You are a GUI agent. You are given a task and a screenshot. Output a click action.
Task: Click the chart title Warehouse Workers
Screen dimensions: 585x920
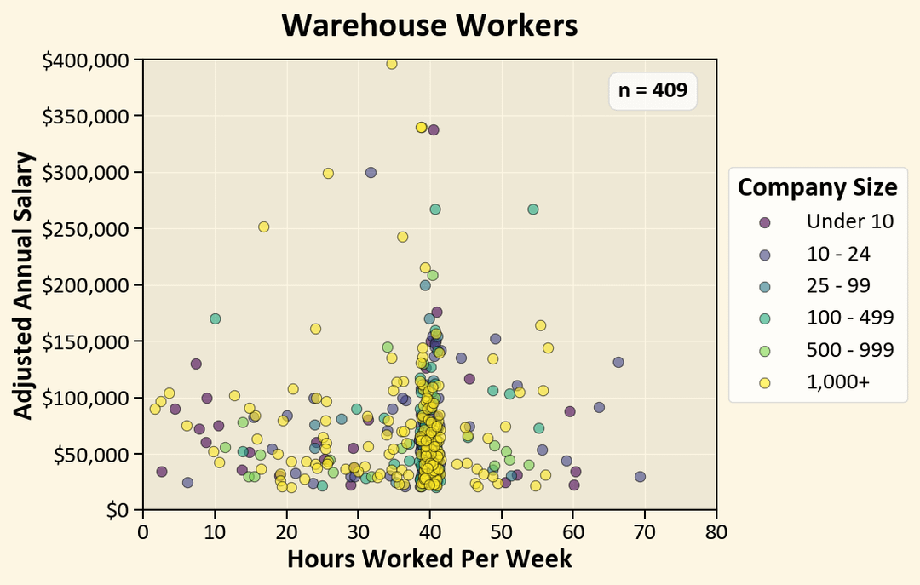(x=429, y=26)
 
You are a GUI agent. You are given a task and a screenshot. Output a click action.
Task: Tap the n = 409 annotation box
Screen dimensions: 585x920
(x=653, y=90)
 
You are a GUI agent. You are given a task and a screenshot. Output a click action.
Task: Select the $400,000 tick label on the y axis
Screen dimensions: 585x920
(x=88, y=60)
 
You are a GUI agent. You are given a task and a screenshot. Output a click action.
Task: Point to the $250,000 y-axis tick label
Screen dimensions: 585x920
(x=88, y=229)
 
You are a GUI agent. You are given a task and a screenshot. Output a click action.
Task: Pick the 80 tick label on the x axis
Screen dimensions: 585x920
(x=716, y=532)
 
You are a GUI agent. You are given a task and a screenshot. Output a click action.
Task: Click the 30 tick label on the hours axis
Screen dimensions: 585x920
(x=358, y=532)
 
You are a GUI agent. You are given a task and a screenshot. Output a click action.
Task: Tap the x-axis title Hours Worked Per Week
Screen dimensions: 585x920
(x=429, y=559)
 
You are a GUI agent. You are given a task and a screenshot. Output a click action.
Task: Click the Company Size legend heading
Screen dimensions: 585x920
(x=817, y=186)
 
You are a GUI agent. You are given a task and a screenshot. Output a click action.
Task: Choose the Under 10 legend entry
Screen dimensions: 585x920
(x=849, y=221)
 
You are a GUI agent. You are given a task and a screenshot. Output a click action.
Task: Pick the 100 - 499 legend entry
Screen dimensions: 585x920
(x=849, y=318)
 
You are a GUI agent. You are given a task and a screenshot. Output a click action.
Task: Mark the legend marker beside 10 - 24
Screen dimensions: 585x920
(x=764, y=254)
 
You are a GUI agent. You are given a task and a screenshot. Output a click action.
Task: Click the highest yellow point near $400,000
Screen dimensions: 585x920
(x=392, y=64)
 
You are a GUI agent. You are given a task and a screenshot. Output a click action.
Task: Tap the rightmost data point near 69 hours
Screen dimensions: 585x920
(x=640, y=477)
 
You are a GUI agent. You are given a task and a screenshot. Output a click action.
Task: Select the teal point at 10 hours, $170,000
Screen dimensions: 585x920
(x=216, y=318)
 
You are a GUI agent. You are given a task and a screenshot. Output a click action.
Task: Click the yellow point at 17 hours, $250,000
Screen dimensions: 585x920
(x=264, y=227)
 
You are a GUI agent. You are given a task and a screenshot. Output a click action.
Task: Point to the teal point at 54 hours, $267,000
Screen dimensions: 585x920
(x=533, y=209)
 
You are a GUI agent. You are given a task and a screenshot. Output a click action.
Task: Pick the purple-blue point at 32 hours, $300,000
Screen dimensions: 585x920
(x=371, y=172)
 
